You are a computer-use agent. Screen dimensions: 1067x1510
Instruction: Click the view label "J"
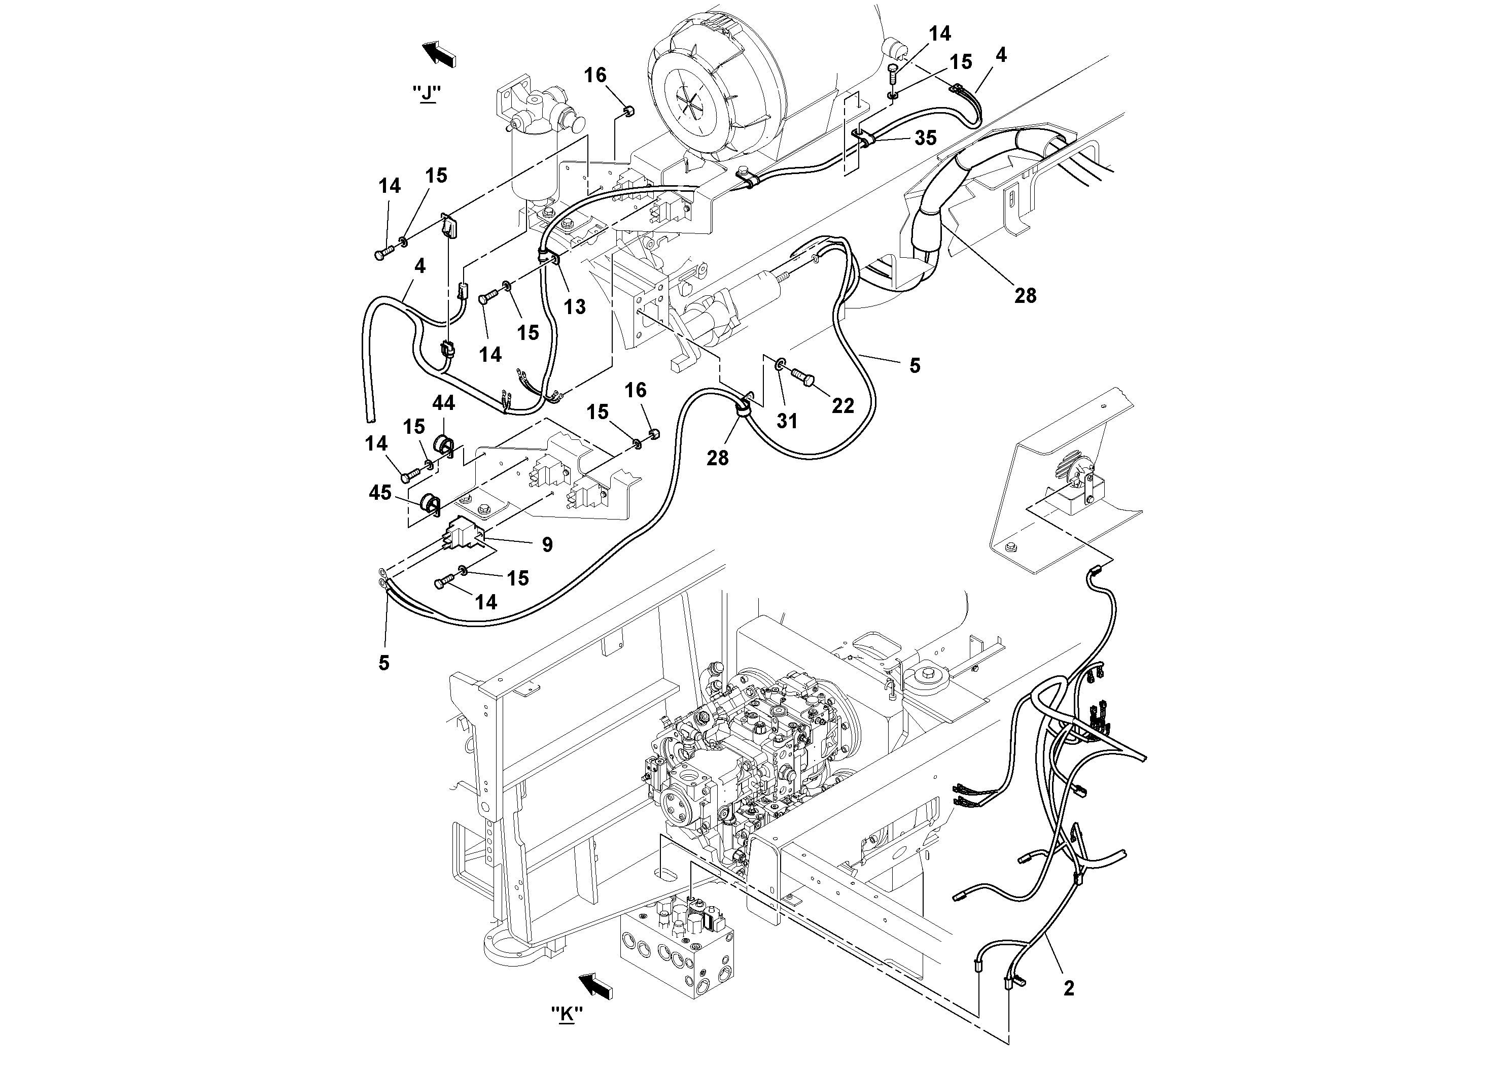(428, 93)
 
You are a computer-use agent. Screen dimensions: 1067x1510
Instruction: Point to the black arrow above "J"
(439, 53)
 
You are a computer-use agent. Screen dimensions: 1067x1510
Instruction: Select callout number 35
(925, 137)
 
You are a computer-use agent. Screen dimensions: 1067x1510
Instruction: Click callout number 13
(574, 306)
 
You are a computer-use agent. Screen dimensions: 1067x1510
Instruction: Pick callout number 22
(842, 406)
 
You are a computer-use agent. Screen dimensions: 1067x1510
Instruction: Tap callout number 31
(787, 420)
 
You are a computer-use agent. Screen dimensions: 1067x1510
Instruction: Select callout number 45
(380, 492)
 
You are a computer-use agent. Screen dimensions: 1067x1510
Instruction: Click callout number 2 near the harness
(1069, 987)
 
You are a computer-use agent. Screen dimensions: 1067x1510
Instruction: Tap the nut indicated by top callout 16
(627, 110)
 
